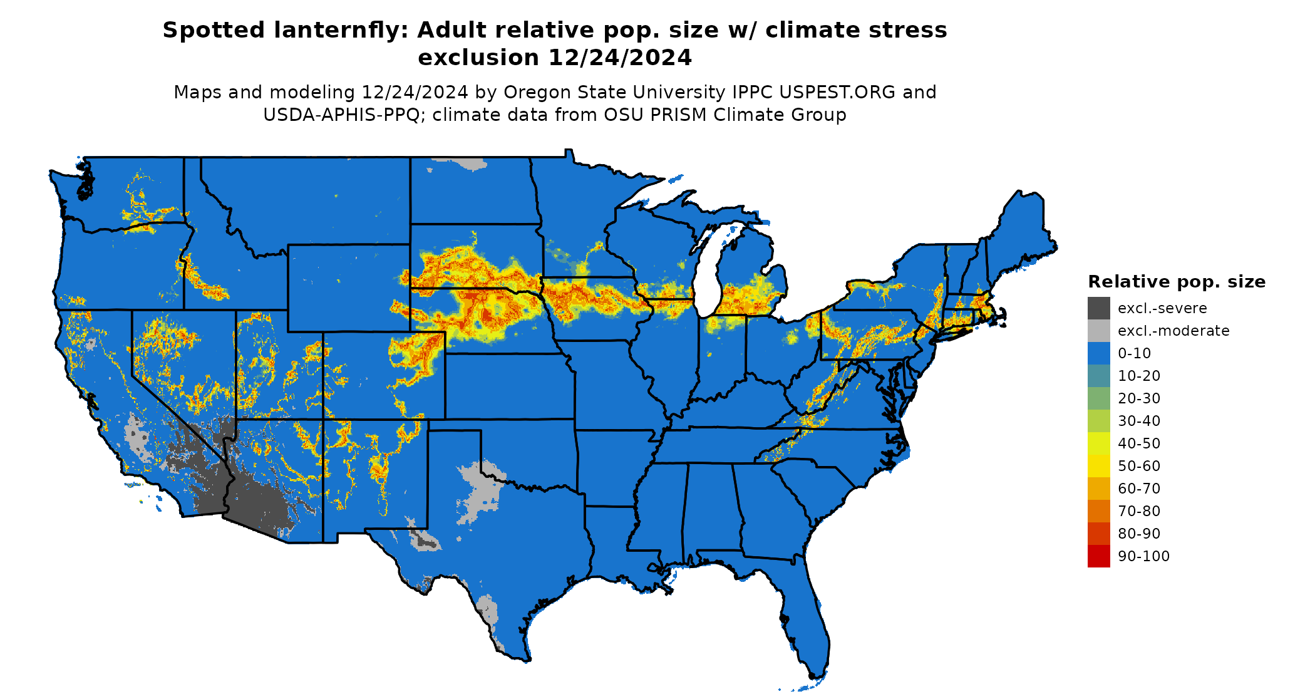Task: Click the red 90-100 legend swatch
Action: pyautogui.click(x=1098, y=556)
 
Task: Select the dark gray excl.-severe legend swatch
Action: pyautogui.click(x=1098, y=308)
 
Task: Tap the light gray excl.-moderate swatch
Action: pyautogui.click(x=1098, y=331)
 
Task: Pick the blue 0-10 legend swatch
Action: pyautogui.click(x=1098, y=353)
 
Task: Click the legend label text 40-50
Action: pyautogui.click(x=1138, y=443)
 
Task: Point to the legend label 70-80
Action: pyautogui.click(x=1138, y=511)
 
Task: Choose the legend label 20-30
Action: pyautogui.click(x=1138, y=398)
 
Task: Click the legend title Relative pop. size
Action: pyautogui.click(x=1177, y=282)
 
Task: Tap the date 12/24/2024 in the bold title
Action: pyautogui.click(x=619, y=58)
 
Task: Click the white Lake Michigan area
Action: pyautogui.click(x=708, y=276)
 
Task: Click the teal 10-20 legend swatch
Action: pyautogui.click(x=1098, y=376)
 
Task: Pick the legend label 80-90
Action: pyautogui.click(x=1138, y=534)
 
